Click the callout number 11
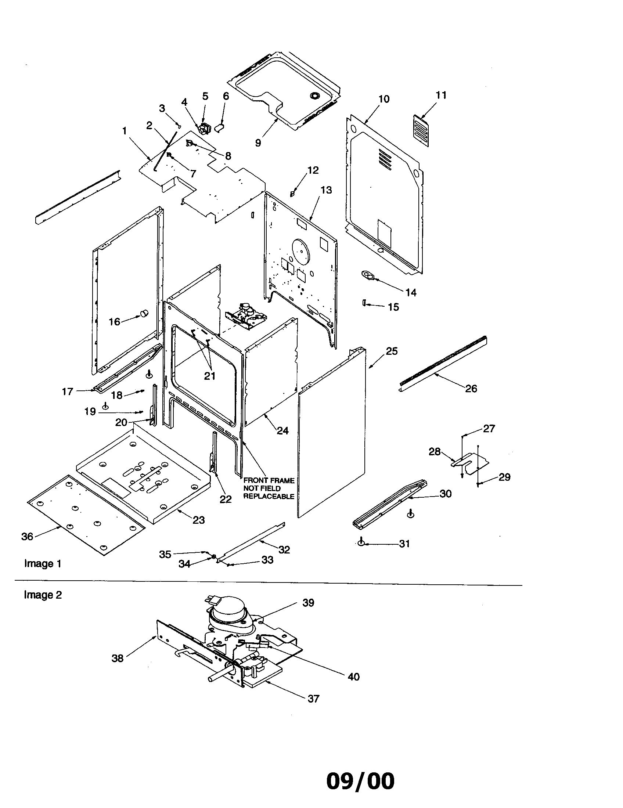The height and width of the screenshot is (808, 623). pos(441,95)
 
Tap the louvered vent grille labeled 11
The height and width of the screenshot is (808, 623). pos(421,131)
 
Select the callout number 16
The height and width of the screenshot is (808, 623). pos(114,322)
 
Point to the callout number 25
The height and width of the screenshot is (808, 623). pos(392,351)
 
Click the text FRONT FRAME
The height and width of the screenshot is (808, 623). pos(269,481)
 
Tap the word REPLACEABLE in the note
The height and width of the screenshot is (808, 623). pos(269,497)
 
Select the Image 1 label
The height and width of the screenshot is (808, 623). pos(43,563)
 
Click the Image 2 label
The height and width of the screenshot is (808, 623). pos(43,595)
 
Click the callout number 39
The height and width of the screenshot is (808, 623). pos(308,603)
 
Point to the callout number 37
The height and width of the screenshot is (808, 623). pos(313,699)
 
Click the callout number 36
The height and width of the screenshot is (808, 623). pos(27,537)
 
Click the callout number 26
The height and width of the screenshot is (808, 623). pos(471,389)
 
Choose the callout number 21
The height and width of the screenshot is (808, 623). pos(210,376)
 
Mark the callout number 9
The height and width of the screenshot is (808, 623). pos(258,143)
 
